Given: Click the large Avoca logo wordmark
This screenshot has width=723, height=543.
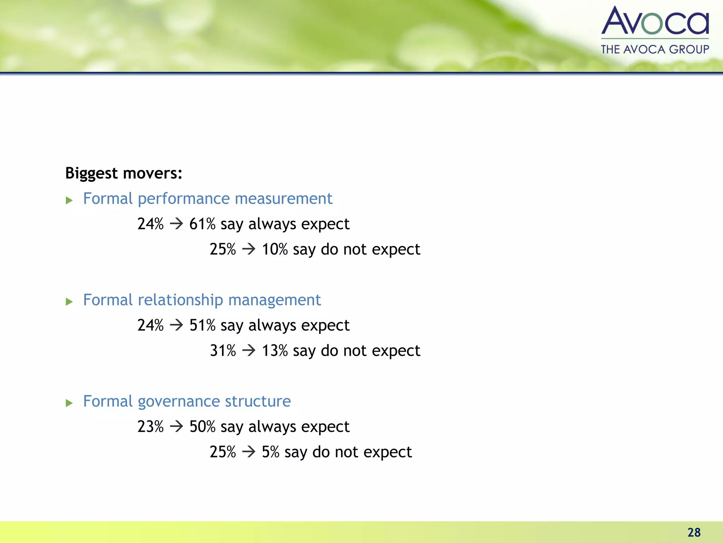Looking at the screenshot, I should tap(655, 21).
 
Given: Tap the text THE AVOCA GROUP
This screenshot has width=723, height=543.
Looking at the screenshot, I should tap(655, 49).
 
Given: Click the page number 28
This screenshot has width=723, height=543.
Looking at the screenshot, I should tap(694, 532).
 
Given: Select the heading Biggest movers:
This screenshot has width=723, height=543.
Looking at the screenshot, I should tap(124, 173).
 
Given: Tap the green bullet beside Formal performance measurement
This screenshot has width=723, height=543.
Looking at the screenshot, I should tap(69, 201).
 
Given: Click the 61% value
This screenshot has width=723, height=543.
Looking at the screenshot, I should tap(202, 224).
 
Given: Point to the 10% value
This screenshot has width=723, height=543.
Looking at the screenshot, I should tap(275, 249).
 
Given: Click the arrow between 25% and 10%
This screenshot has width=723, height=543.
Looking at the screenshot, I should tap(249, 249).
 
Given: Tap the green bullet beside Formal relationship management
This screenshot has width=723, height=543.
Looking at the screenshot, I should tap(69, 302).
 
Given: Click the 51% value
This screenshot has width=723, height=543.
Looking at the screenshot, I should tap(202, 325).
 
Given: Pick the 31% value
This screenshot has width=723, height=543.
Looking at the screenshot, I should tap(223, 351).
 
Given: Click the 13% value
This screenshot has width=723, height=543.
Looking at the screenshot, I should tap(275, 351).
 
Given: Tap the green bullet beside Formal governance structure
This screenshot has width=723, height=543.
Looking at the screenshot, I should tap(69, 403).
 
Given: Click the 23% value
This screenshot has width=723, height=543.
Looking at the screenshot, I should tap(150, 427).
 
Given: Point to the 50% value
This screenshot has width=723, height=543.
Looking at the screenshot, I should tap(202, 427).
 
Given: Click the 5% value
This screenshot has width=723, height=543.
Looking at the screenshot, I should tap(270, 452).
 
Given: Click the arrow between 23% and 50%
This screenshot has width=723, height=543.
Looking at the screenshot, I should tap(177, 427).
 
